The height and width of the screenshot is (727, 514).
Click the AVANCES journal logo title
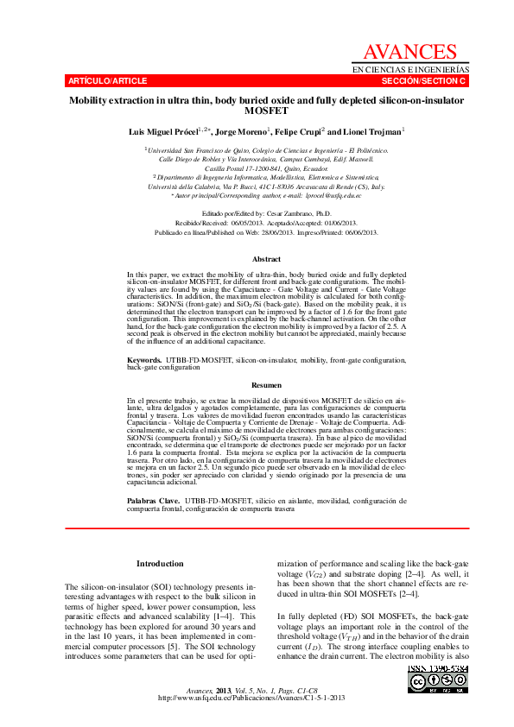click(409, 53)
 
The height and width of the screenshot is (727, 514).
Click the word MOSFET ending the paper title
click(267, 111)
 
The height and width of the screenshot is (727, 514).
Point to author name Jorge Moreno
click(242, 132)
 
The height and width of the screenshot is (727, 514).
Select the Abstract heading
click(267, 259)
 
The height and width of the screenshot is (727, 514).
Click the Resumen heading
click(267, 385)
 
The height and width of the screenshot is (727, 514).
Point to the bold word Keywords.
click(143, 358)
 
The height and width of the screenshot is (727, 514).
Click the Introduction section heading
click(160, 564)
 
